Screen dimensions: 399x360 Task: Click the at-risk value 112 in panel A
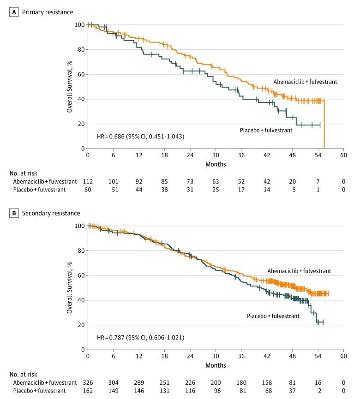click(x=88, y=182)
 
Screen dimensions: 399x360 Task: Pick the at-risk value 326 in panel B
click(x=88, y=383)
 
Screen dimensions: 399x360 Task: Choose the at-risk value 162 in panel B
click(x=88, y=391)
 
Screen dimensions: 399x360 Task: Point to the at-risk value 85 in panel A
click(x=164, y=182)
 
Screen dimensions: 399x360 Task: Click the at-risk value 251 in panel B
click(x=164, y=383)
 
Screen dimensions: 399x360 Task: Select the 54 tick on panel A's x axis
click(x=318, y=155)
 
